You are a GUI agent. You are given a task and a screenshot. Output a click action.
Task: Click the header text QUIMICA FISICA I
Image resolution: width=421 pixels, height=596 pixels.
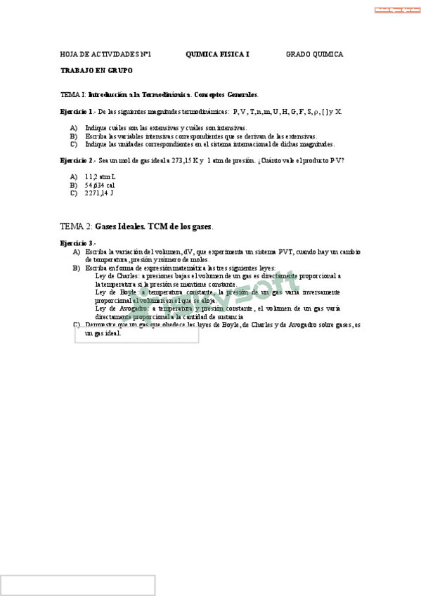[217, 54]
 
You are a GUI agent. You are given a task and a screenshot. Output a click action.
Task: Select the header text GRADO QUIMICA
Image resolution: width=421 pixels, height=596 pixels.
[314, 54]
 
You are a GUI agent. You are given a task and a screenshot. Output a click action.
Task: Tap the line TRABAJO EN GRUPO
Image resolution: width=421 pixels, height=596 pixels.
[96, 71]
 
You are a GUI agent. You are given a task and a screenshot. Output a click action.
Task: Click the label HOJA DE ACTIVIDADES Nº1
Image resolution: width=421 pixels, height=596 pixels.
[106, 54]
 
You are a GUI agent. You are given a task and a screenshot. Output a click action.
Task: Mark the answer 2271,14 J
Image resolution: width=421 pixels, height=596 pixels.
[99, 193]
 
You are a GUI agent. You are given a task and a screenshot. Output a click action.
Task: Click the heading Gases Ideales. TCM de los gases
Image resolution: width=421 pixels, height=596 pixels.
[154, 226]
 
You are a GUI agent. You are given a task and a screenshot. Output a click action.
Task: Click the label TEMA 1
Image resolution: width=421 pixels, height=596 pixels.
[73, 94]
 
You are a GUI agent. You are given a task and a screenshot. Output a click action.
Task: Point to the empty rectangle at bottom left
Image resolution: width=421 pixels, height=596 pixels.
[77, 585]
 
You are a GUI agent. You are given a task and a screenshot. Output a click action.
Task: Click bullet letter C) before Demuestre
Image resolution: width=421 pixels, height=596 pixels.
[77, 325]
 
